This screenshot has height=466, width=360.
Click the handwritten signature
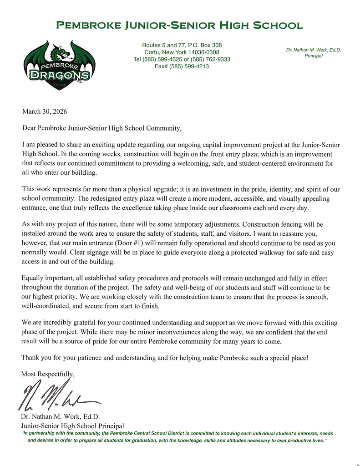59,396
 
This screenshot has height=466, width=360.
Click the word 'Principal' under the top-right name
313,56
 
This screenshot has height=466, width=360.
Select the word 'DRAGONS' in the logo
60,76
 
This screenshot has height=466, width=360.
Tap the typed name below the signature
60,416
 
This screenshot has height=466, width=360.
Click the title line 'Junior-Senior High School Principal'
72,425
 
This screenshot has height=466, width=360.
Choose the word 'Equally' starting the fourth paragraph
33,278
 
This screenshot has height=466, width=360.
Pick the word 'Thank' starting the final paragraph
31,357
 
